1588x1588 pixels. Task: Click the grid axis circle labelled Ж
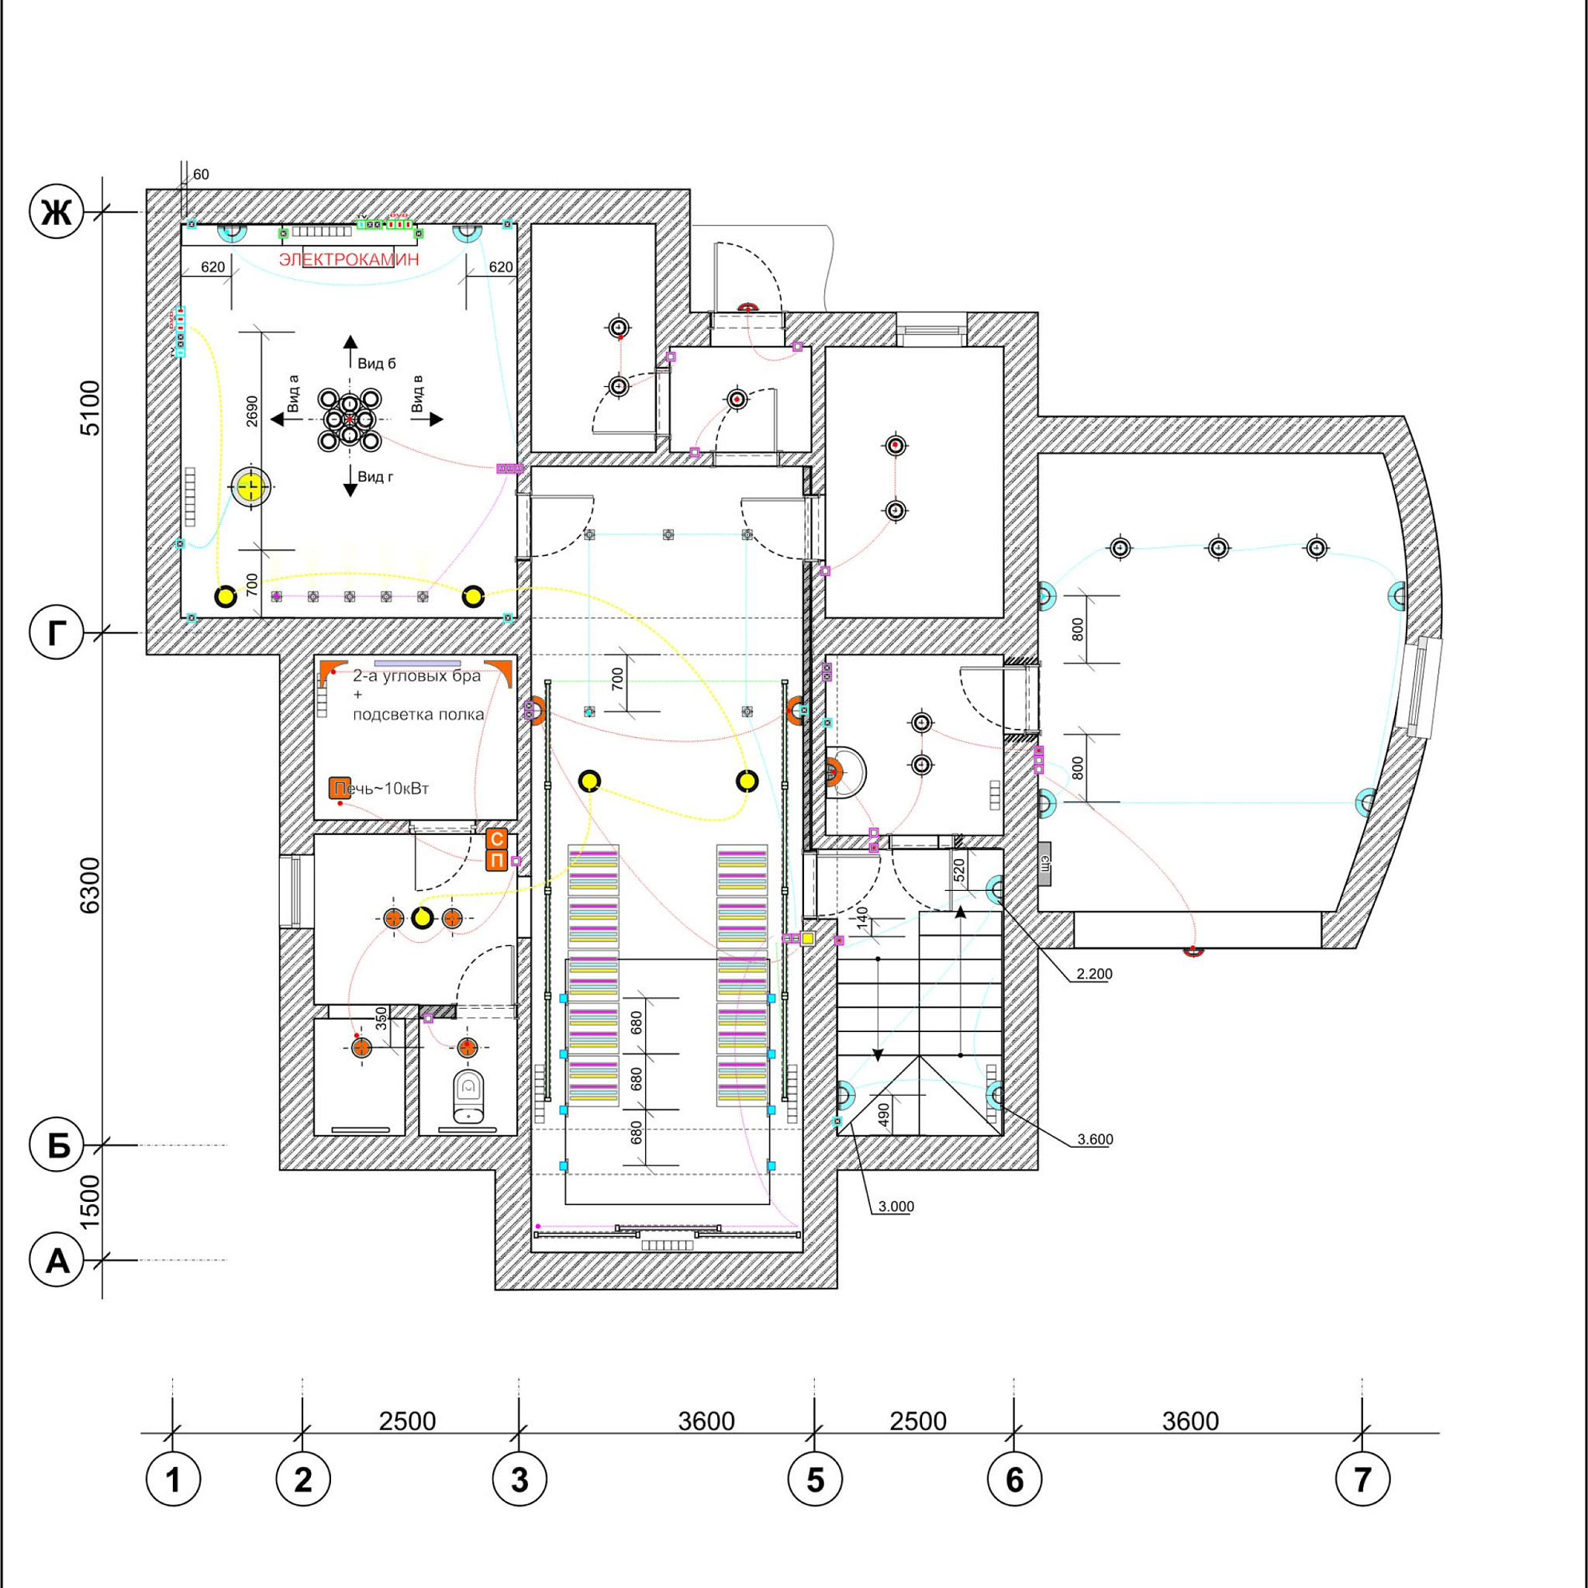coord(57,213)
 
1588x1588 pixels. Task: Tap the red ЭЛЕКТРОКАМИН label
coord(348,260)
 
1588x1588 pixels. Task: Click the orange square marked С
coord(497,839)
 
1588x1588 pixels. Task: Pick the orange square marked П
coord(497,861)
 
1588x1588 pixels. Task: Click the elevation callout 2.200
coord(1094,974)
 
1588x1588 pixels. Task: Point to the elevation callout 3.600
coord(1095,1139)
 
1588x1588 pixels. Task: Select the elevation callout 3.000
coord(896,1207)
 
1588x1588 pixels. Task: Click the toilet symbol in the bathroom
coord(468,1096)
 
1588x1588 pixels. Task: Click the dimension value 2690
coord(252,411)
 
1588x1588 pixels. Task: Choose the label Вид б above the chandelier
coord(376,364)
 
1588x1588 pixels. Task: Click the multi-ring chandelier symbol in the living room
coord(350,420)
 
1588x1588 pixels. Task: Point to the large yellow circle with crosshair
coord(250,488)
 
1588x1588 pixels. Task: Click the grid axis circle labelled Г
coord(57,633)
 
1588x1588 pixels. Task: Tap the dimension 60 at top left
coord(202,174)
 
